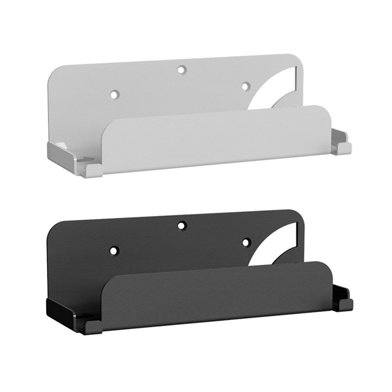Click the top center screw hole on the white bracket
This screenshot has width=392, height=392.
point(181,70)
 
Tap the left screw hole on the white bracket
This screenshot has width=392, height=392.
point(114,94)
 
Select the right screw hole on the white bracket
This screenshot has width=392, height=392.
point(245,86)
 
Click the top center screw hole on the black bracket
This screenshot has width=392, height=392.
point(181,226)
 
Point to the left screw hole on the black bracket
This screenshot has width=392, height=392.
point(114,250)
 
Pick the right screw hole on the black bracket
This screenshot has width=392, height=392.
point(246,242)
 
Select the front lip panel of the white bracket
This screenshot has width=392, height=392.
point(215,139)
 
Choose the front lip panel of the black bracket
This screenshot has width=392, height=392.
point(215,296)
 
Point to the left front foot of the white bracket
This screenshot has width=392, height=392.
point(92,170)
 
